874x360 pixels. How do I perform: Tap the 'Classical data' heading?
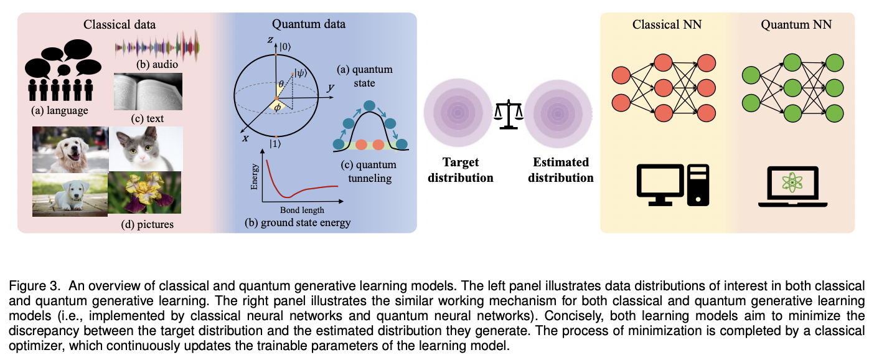tap(120, 25)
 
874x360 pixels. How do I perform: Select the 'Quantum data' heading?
tap(308, 25)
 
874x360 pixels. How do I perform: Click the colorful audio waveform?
tap(158, 47)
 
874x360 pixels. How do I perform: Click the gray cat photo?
tap(146, 148)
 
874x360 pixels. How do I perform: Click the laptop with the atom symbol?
tap(791, 186)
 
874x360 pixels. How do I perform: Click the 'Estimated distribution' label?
tap(560, 169)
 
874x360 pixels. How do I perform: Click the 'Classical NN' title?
tap(664, 25)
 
